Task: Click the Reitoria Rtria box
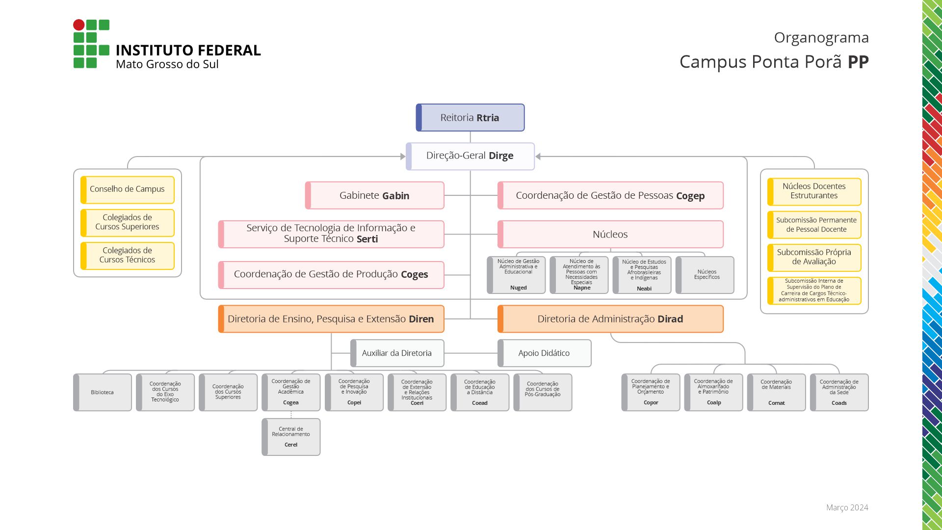tap(470, 118)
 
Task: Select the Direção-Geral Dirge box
tap(470, 156)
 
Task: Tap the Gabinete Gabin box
tap(374, 195)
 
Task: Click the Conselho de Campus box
tap(127, 189)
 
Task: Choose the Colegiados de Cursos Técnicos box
tap(127, 255)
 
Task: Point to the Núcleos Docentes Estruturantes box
tap(814, 191)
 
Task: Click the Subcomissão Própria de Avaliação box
tap(814, 257)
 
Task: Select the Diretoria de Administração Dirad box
tap(610, 319)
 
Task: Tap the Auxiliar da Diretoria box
tap(397, 353)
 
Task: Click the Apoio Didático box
tap(544, 353)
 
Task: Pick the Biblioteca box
tap(102, 392)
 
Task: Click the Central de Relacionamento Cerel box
tap(291, 437)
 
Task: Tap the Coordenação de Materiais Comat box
tap(776, 392)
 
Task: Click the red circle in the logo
tap(78, 25)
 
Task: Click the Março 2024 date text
tap(847, 507)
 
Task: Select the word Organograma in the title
tap(821, 37)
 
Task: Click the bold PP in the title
tap(858, 62)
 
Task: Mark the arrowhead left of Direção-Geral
tap(403, 157)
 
